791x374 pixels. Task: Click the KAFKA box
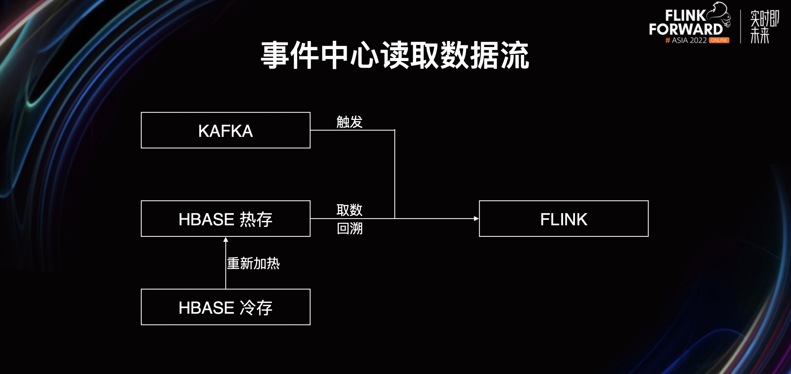[x=226, y=130]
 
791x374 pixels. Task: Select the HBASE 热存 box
[x=226, y=219]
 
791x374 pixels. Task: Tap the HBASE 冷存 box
[x=226, y=307]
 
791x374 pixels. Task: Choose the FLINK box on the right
[x=563, y=219]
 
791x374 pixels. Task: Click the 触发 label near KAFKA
[x=349, y=122]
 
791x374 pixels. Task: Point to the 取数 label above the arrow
[x=349, y=210]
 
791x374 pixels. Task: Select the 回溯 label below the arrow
[x=349, y=228]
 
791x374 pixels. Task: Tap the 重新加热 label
[x=253, y=263]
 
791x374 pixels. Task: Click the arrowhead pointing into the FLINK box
[x=476, y=219]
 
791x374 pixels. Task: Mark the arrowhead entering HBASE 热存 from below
[x=226, y=240]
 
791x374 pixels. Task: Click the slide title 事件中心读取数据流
[x=395, y=55]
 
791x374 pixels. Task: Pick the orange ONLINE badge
[x=719, y=40]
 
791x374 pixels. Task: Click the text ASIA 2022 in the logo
[x=689, y=40]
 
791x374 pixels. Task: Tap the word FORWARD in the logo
[x=686, y=29]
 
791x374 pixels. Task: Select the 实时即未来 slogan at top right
[x=764, y=27]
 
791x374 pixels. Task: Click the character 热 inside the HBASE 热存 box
[x=247, y=220]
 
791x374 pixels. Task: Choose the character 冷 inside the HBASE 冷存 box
[x=247, y=308]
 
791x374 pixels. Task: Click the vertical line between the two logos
[x=740, y=26]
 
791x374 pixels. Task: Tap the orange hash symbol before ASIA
[x=668, y=40]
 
